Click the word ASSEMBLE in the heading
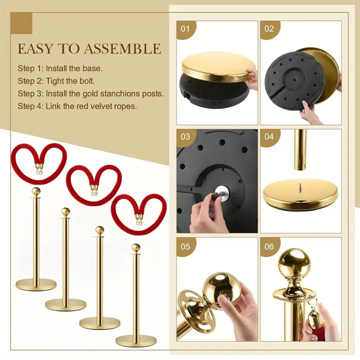tap(122, 49)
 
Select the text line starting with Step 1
tap(60, 68)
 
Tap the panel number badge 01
tap(185, 29)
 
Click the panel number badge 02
tap(269, 29)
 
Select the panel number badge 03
tap(185, 137)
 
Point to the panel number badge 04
tap(269, 137)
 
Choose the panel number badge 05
tap(185, 247)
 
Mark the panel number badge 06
tap(269, 247)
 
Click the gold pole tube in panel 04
tap(300, 149)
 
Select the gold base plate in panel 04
tap(301, 195)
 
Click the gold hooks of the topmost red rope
tap(39, 168)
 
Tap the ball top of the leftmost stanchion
tap(36, 191)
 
